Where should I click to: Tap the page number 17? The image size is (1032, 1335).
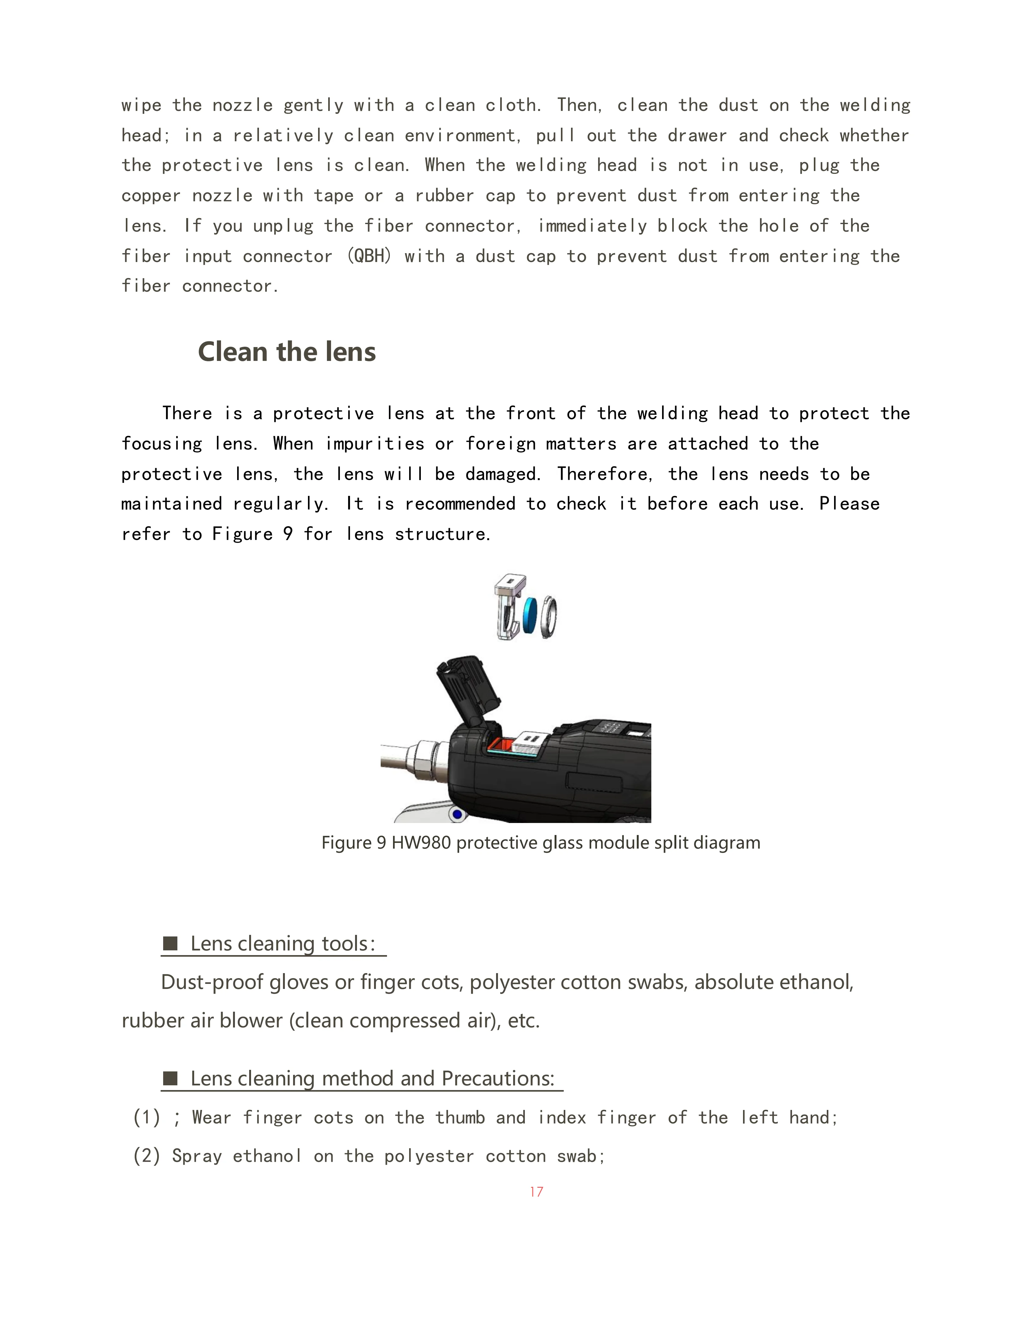(536, 1191)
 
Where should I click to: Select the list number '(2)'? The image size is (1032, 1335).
(147, 1156)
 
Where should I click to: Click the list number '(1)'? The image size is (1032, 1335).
(147, 1117)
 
